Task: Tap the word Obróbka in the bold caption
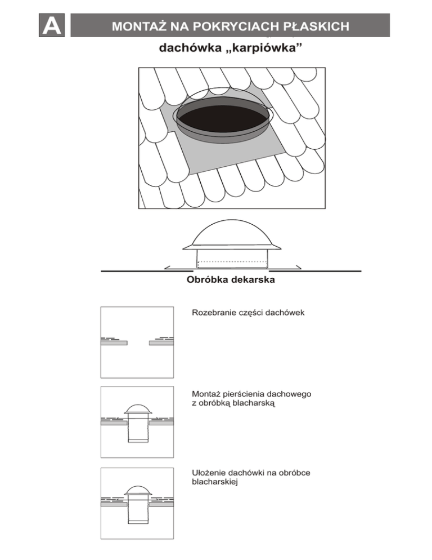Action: [205, 280]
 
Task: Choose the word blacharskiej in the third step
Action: [214, 482]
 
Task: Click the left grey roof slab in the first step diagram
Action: [114, 343]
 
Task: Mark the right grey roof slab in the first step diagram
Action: [161, 343]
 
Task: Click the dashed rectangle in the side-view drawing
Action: [231, 263]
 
